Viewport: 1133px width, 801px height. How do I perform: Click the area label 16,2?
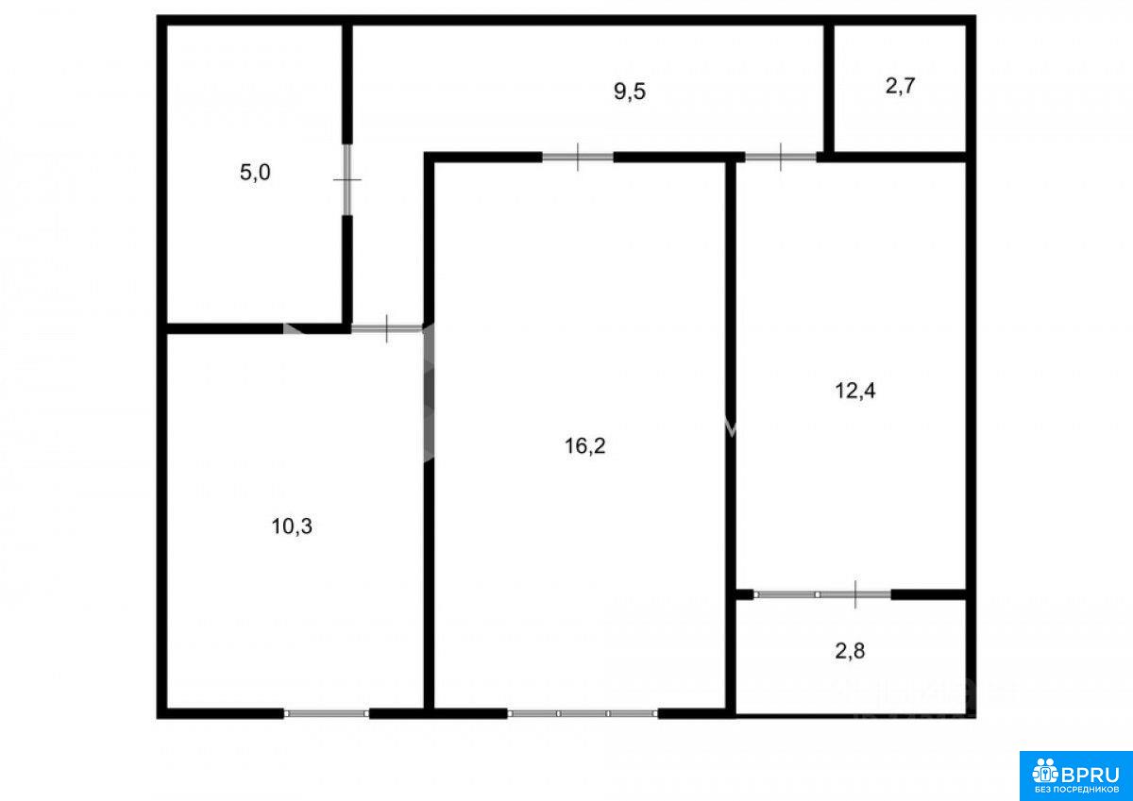(584, 446)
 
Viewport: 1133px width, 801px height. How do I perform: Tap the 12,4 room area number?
(854, 391)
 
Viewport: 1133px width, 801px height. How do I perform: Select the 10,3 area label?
(292, 526)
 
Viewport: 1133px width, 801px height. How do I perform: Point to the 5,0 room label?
(255, 173)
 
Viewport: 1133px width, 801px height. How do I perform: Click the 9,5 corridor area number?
(630, 92)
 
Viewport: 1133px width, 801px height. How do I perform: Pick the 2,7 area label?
(901, 87)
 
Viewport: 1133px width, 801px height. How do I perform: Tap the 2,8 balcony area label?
(850, 651)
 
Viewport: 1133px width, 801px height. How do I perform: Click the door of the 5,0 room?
(347, 179)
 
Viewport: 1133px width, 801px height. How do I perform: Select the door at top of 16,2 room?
(578, 158)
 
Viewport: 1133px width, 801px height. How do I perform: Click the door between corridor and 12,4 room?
(781, 158)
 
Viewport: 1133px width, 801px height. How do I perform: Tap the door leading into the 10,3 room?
(387, 328)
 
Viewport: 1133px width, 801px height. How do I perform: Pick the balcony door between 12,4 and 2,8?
(822, 594)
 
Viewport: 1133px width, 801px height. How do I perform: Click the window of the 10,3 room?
(327, 713)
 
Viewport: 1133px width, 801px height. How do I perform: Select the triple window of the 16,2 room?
(583, 713)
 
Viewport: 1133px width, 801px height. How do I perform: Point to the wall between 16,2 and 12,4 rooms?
(730, 435)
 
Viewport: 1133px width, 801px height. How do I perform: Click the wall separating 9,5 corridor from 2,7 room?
(829, 89)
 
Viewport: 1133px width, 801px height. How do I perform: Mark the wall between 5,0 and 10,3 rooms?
(256, 328)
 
